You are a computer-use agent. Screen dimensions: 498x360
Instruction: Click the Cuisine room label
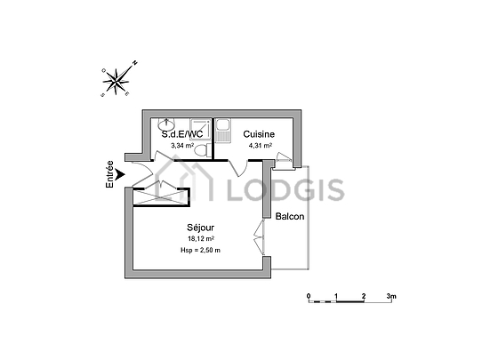coord(259,134)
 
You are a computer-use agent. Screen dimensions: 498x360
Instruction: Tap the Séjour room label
coord(200,228)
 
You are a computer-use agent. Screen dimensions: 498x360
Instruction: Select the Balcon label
coord(290,217)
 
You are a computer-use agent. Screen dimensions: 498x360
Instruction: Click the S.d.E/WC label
coord(182,134)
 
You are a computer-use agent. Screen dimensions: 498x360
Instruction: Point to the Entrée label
coord(109,174)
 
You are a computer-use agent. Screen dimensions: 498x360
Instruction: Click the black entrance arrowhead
coord(120,174)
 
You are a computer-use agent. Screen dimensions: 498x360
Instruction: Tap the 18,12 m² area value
coord(201,239)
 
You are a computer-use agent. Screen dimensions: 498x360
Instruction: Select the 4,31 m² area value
coord(260,146)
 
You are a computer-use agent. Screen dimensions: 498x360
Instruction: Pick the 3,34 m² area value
coord(182,146)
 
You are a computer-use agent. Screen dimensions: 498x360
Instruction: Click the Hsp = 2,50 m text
coord(200,250)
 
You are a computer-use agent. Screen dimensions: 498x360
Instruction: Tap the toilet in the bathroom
coord(202,150)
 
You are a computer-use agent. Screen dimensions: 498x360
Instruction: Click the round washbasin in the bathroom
coord(166,124)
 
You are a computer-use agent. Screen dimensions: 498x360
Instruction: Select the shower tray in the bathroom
coord(200,129)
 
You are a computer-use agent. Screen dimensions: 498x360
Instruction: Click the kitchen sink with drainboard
coord(223,131)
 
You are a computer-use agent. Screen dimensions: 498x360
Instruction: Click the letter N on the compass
coord(135,62)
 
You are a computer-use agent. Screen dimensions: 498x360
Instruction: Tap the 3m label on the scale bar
coord(391,296)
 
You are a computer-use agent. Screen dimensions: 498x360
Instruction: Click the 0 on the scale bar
coord(309,296)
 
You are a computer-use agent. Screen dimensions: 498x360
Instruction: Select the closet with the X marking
coord(160,197)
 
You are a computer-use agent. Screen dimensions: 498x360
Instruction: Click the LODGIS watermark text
coord(285,189)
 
